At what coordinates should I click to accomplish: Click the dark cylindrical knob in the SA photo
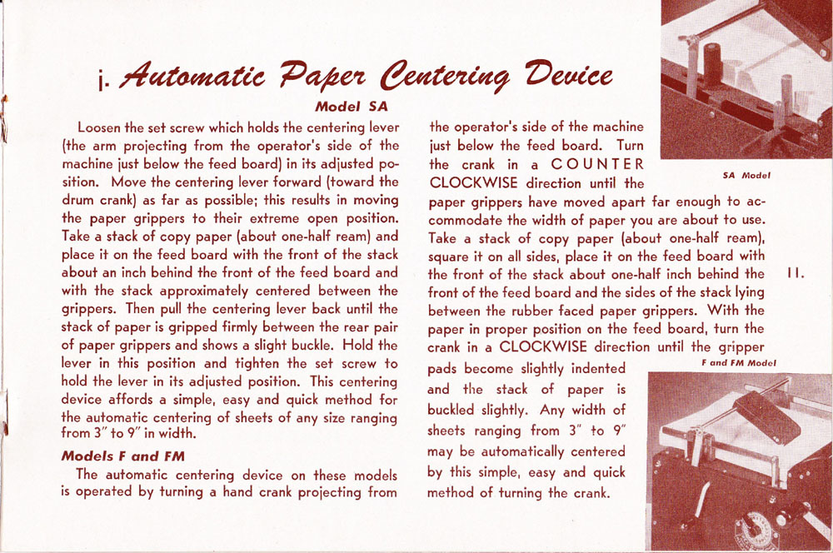(x=712, y=63)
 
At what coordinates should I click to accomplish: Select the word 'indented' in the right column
(x=595, y=367)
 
